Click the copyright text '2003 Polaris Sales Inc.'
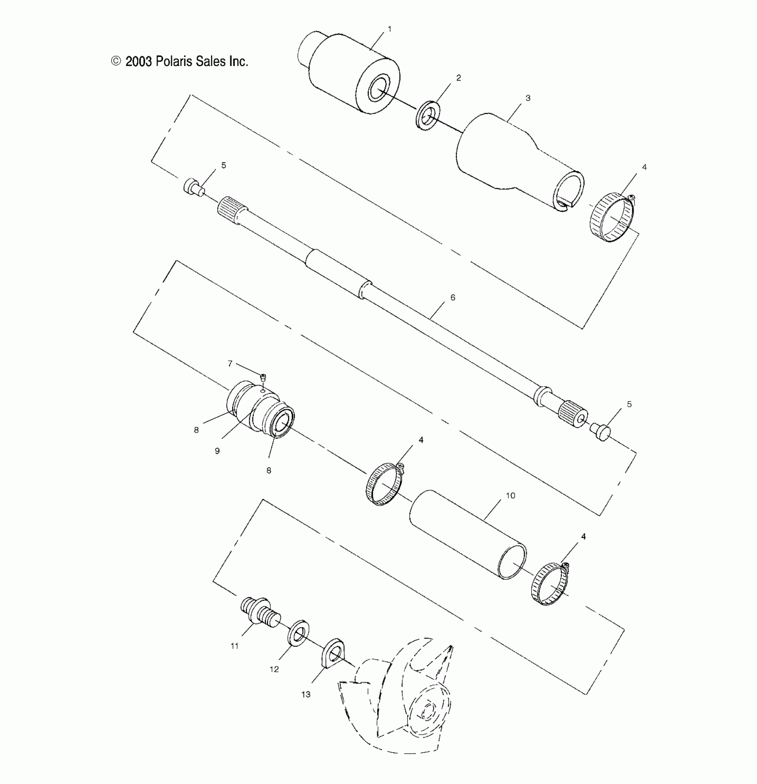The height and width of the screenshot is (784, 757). point(186,61)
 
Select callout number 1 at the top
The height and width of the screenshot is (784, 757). point(390,29)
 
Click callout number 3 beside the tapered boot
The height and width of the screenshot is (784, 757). point(528,98)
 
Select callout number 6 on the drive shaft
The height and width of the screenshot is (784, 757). point(453,298)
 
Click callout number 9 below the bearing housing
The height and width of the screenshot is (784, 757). point(217,451)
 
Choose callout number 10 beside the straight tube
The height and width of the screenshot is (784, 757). point(510,495)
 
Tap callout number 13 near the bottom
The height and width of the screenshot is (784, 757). point(305,694)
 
